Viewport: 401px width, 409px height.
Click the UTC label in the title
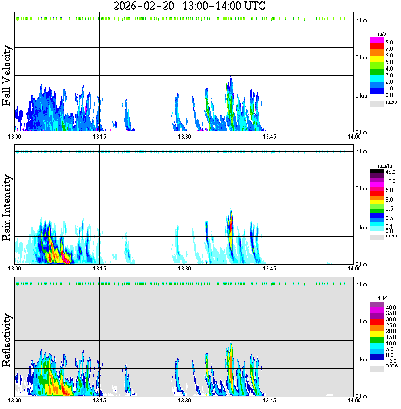coord(254,6)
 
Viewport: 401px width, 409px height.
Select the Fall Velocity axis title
coord(7,76)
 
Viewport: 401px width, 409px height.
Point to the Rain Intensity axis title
coord(7,208)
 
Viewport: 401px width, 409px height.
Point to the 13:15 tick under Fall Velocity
coord(99,136)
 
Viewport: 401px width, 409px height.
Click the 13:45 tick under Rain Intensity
coord(269,268)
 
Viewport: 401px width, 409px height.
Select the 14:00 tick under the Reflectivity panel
coord(354,401)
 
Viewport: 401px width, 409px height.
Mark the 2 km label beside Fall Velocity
coord(361,57)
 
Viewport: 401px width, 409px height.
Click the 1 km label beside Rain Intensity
coord(361,228)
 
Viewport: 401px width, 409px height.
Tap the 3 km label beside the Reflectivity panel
coord(361,284)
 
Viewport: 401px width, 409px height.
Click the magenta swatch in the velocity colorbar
coord(377,40)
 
